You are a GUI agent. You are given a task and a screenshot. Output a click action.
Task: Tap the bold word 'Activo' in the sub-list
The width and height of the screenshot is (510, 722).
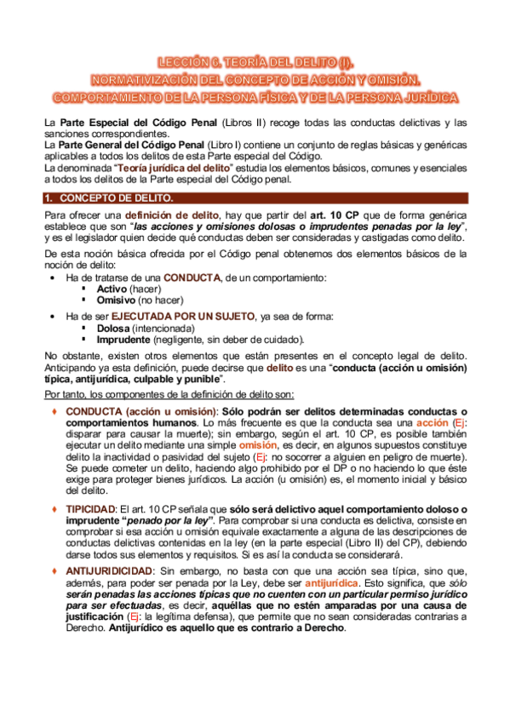(113, 289)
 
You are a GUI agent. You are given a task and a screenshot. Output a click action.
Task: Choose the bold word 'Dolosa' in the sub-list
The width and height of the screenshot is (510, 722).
(113, 328)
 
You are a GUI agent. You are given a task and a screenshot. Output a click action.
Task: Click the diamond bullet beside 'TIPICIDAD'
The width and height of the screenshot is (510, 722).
(54, 507)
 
